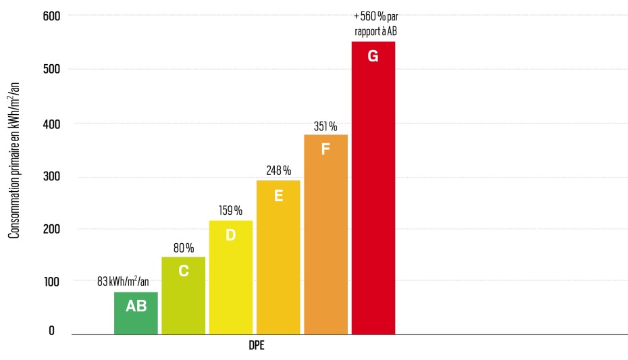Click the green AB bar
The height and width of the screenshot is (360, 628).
pos(136,313)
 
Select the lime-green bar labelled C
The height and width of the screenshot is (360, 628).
pos(183,295)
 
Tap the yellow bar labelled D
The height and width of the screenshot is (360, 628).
pos(230,277)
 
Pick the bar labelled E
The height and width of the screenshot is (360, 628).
pos(278,257)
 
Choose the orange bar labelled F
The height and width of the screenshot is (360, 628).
pos(325,234)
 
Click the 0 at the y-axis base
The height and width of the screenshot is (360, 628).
pos(51,332)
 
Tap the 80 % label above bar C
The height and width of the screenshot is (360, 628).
pos(183,247)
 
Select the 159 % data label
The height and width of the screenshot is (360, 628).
pos(230,211)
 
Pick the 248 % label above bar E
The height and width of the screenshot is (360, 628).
pos(278,170)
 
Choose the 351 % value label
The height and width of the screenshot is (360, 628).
pos(325,126)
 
